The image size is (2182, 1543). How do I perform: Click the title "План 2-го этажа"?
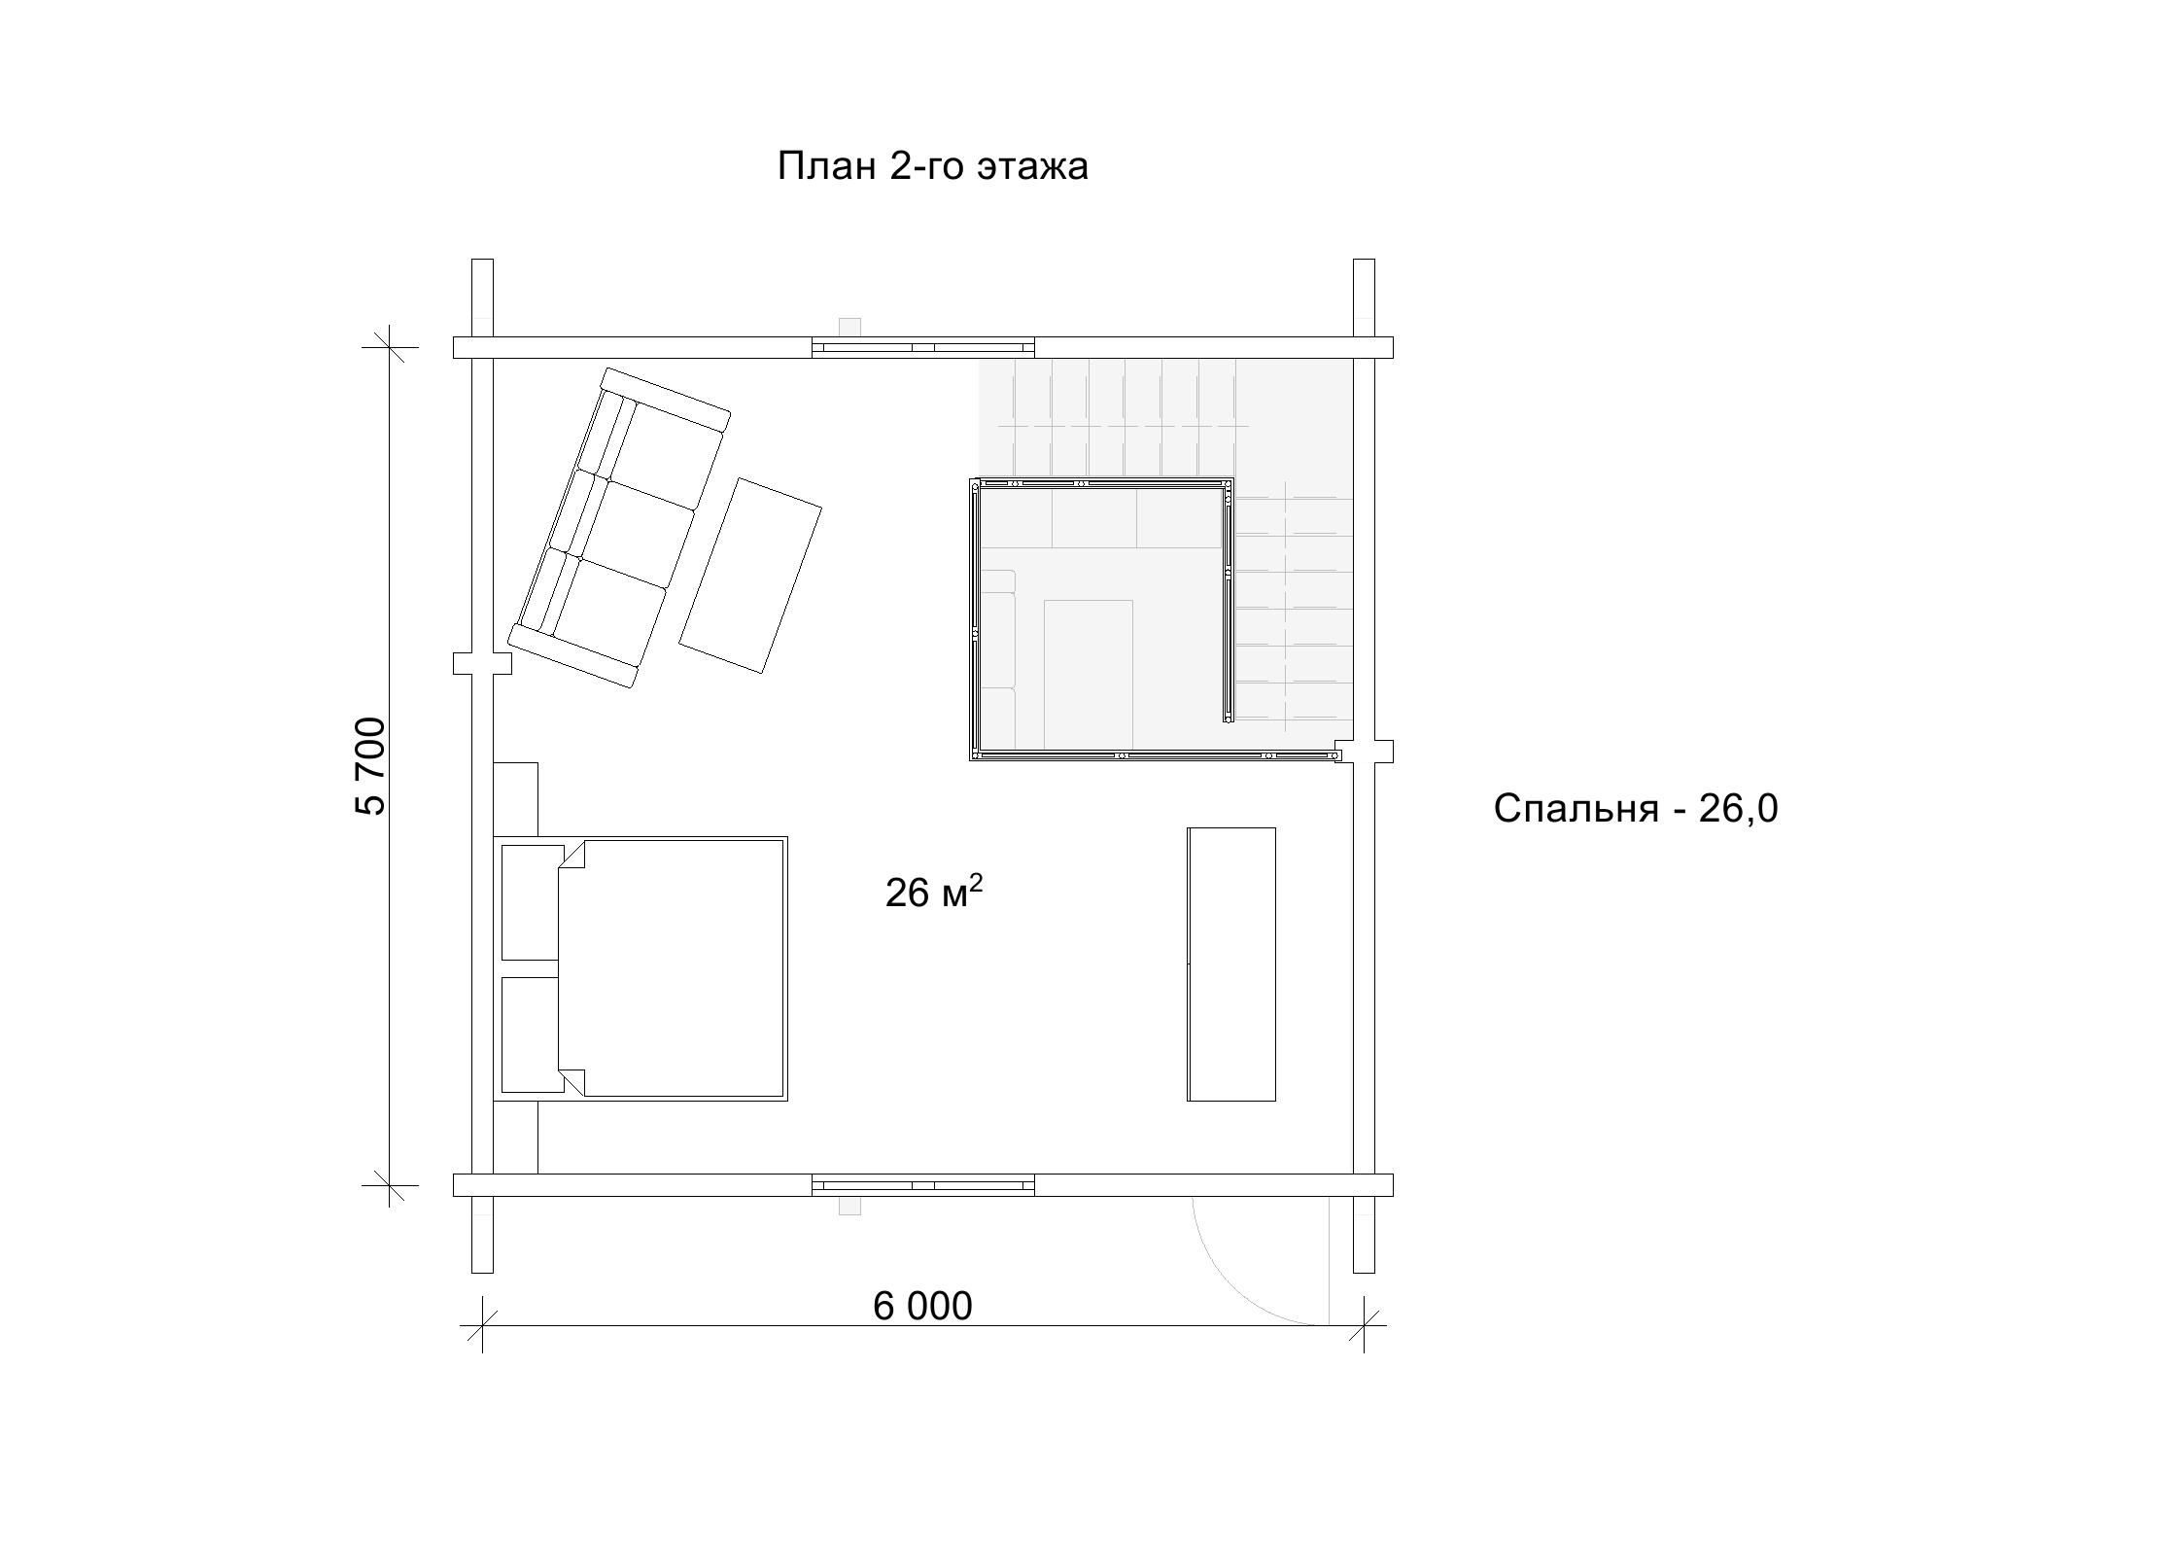(x=932, y=166)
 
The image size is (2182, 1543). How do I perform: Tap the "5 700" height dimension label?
(x=371, y=765)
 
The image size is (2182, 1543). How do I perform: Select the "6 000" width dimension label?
(x=922, y=1307)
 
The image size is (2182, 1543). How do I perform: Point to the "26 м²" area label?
(x=934, y=891)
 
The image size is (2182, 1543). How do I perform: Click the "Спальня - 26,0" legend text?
(x=1636, y=808)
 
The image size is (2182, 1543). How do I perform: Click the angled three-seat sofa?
(x=619, y=528)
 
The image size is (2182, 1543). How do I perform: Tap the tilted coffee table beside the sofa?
(x=750, y=576)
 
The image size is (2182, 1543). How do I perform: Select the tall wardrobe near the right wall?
(x=1231, y=964)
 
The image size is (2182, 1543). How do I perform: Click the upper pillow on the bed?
(x=532, y=902)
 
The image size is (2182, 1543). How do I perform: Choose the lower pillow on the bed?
(x=532, y=1035)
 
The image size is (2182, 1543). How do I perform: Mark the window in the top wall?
(x=923, y=347)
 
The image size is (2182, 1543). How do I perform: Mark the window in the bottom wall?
(x=923, y=1185)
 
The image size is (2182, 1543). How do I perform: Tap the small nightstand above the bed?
(x=515, y=799)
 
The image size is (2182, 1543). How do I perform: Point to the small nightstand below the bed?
(x=515, y=1138)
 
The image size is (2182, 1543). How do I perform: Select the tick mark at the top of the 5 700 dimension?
(x=390, y=347)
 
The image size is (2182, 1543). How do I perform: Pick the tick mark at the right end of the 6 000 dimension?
(x=1364, y=1324)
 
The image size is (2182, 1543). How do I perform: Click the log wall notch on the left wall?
(x=483, y=663)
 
